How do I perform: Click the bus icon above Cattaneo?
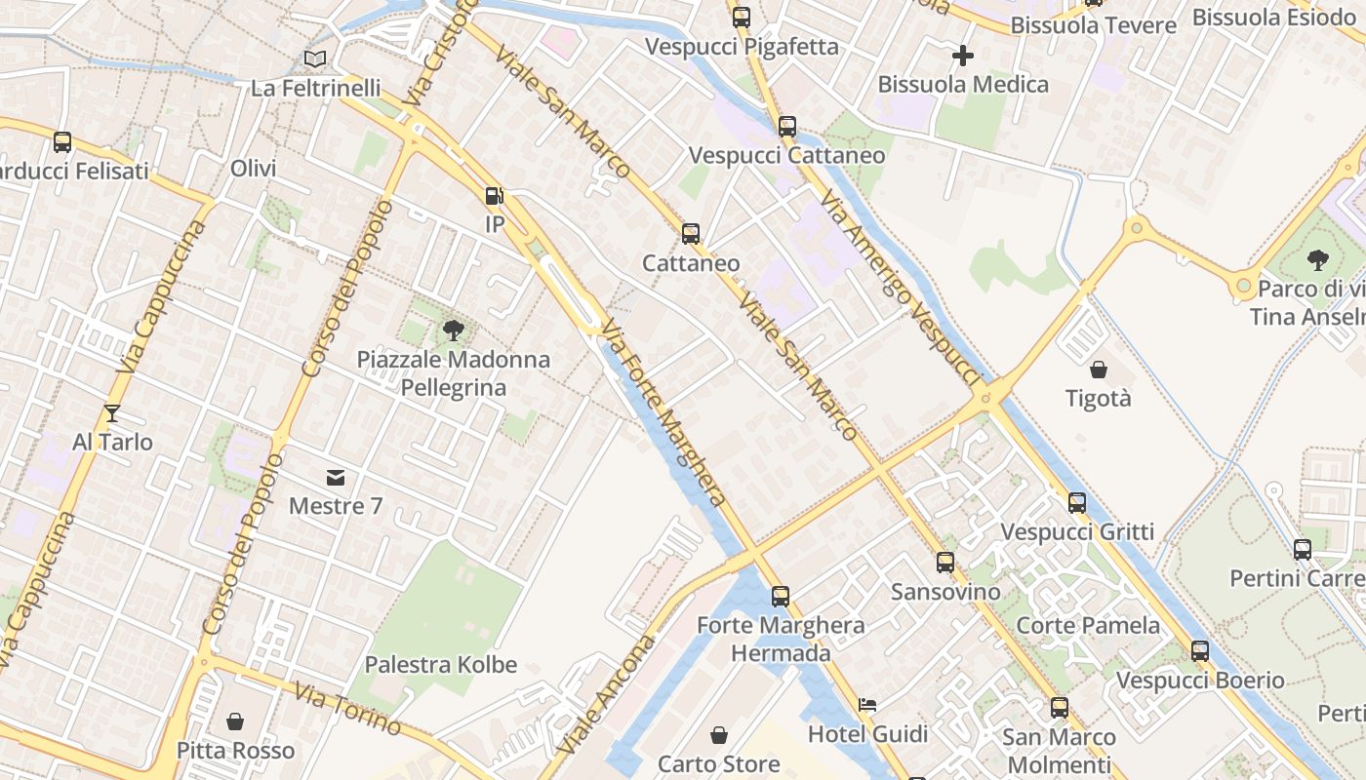coord(691,234)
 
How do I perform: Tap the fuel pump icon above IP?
coord(495,196)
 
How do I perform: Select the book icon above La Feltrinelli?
coord(314,59)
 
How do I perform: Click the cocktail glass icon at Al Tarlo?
coord(112,413)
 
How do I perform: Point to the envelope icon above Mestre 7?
coord(336,478)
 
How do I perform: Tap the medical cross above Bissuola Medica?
coord(963,56)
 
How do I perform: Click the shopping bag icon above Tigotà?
coord(1099,370)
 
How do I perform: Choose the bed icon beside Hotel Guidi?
coord(867,705)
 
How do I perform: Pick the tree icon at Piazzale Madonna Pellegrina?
coord(453,330)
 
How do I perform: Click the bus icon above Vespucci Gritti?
coord(1077,503)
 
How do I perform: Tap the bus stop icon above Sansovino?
coord(945,563)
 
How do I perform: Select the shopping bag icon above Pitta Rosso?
coord(235,721)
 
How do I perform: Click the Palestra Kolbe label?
coord(440,665)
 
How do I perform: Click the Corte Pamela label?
coord(1088,625)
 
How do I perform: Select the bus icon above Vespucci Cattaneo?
coord(787,127)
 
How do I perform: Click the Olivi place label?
coord(254,168)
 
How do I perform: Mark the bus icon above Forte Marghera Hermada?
coord(781,597)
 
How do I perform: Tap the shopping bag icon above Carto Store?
coord(719,735)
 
